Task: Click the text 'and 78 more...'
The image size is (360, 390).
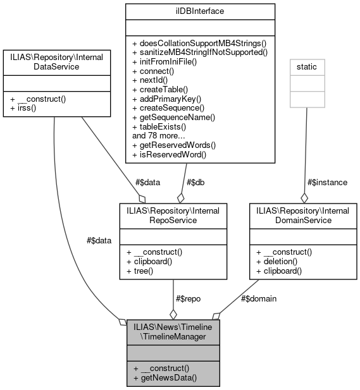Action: click(x=158, y=135)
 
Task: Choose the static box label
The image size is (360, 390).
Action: click(x=308, y=66)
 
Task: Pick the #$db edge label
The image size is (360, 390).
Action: click(x=194, y=182)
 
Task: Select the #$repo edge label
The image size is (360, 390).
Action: click(x=187, y=298)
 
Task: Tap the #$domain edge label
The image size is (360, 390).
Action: click(x=259, y=298)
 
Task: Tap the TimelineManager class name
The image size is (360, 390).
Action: click(x=174, y=332)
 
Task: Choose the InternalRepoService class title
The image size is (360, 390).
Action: click(x=173, y=215)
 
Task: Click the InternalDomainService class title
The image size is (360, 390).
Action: click(x=303, y=215)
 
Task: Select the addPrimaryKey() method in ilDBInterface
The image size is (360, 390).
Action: click(x=166, y=99)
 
